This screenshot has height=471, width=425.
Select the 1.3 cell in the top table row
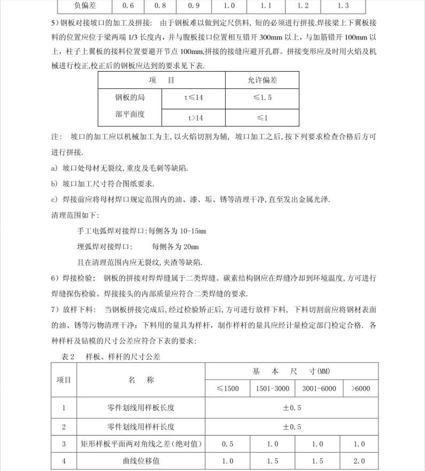(x=343, y=6)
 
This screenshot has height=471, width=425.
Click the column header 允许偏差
(x=262, y=80)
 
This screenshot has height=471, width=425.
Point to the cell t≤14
(x=193, y=97)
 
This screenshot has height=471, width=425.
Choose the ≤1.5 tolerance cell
(x=262, y=97)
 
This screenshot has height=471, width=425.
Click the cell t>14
(x=193, y=117)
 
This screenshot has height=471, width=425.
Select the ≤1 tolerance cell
(x=262, y=117)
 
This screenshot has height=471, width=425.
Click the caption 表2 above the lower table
(x=69, y=356)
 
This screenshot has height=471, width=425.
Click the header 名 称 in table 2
(x=141, y=380)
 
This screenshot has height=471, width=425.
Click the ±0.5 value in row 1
(x=292, y=408)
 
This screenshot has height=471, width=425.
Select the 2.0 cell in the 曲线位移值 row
(x=360, y=460)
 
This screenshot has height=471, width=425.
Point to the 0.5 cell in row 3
(x=228, y=444)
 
